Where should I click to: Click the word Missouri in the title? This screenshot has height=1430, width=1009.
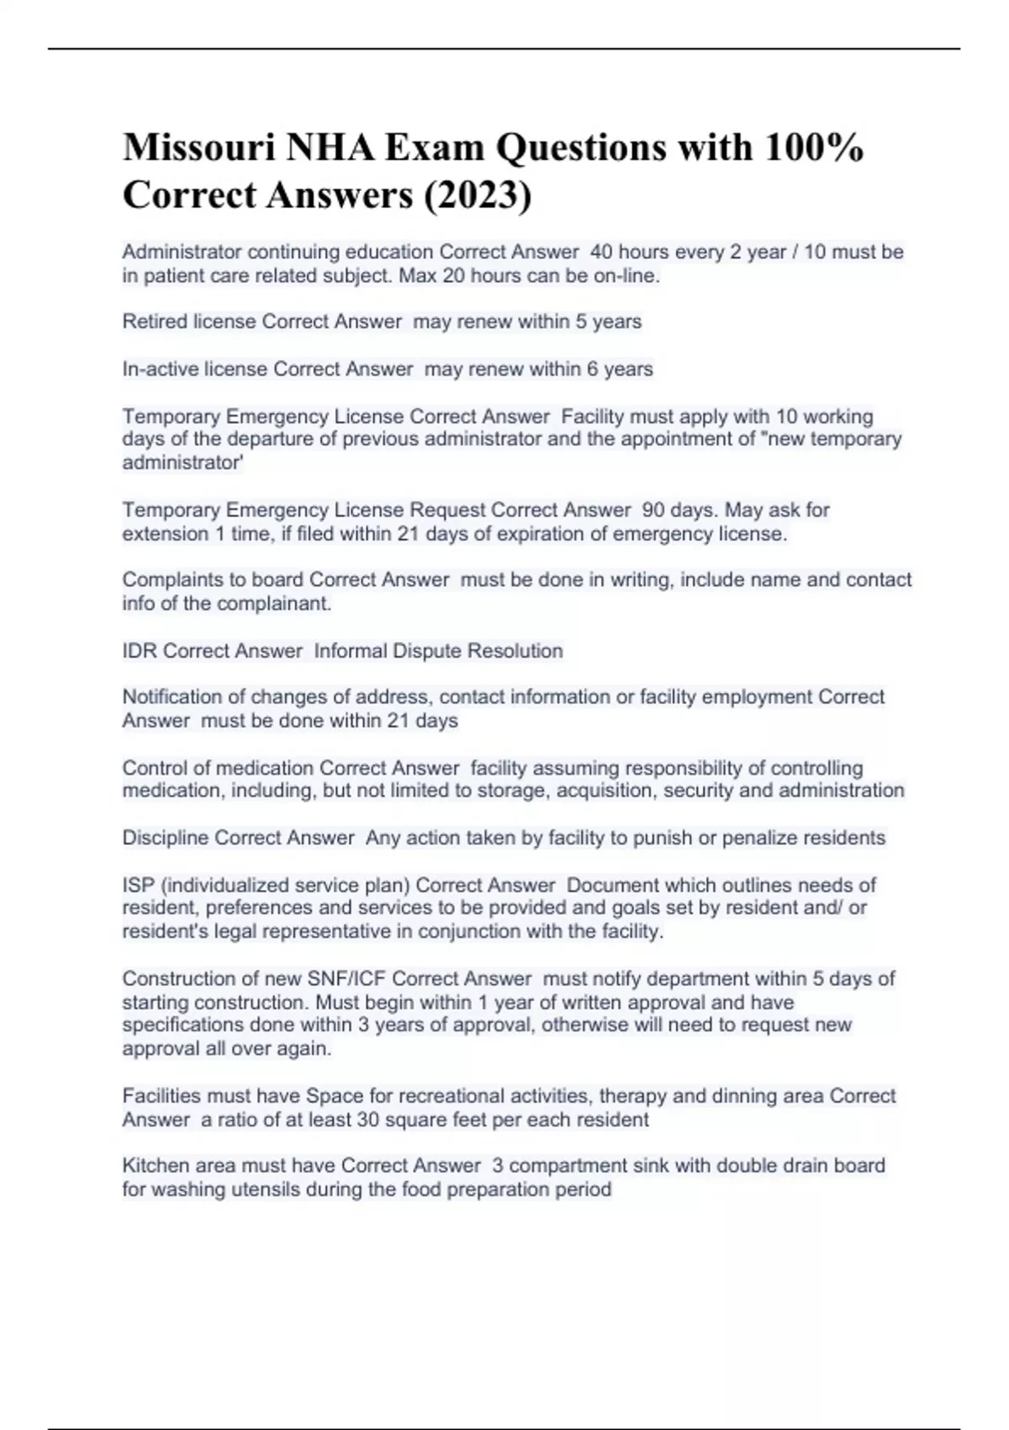pyautogui.click(x=198, y=148)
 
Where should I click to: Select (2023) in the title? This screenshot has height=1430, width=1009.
pyautogui.click(x=478, y=195)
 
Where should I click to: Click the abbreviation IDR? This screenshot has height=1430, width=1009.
pyautogui.click(x=140, y=651)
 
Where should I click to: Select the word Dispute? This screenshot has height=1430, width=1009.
pyautogui.click(x=426, y=651)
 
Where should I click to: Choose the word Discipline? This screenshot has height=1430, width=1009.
pyautogui.click(x=165, y=838)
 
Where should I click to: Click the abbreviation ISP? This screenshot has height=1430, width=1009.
pyautogui.click(x=138, y=885)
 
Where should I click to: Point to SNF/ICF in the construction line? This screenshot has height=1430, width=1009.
pyautogui.click(x=346, y=979)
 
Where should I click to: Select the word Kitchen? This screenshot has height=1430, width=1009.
pyautogui.click(x=156, y=1166)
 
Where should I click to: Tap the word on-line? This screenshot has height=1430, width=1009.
pyautogui.click(x=626, y=276)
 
